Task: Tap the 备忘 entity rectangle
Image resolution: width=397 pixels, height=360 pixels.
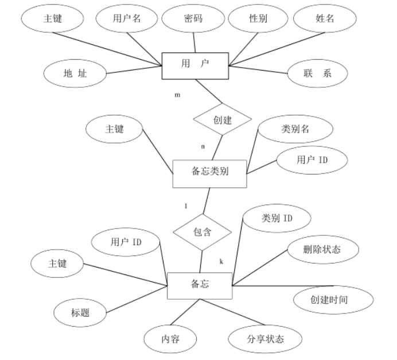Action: (199, 284)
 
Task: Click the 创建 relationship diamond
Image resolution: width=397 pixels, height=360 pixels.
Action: (221, 121)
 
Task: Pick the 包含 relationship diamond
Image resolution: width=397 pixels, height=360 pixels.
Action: (203, 233)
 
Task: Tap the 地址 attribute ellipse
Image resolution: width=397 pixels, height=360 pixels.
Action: (75, 73)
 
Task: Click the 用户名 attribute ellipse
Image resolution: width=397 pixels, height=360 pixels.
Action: (126, 18)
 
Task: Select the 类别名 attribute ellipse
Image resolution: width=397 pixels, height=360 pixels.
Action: (295, 130)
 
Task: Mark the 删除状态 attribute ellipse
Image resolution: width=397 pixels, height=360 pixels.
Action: (322, 250)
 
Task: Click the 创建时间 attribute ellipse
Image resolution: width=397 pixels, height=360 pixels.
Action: (333, 300)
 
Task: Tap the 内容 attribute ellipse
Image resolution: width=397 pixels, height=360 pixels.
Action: (171, 338)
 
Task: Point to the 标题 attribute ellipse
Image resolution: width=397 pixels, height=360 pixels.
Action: (80, 313)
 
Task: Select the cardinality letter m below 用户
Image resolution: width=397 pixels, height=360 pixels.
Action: (177, 95)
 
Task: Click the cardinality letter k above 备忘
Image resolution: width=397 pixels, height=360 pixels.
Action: (221, 262)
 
